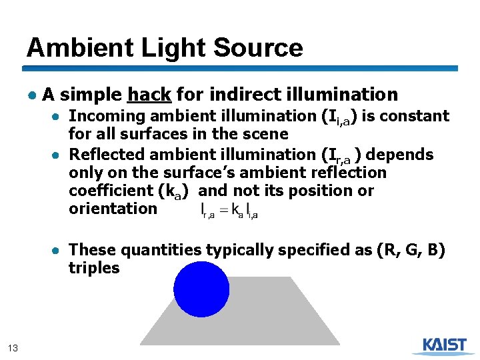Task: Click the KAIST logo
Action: (445, 345)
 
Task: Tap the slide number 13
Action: (13, 347)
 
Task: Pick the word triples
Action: (94, 268)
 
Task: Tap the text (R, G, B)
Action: (411, 250)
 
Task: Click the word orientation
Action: (113, 208)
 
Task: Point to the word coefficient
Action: (110, 191)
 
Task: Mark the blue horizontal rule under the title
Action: (240, 68)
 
